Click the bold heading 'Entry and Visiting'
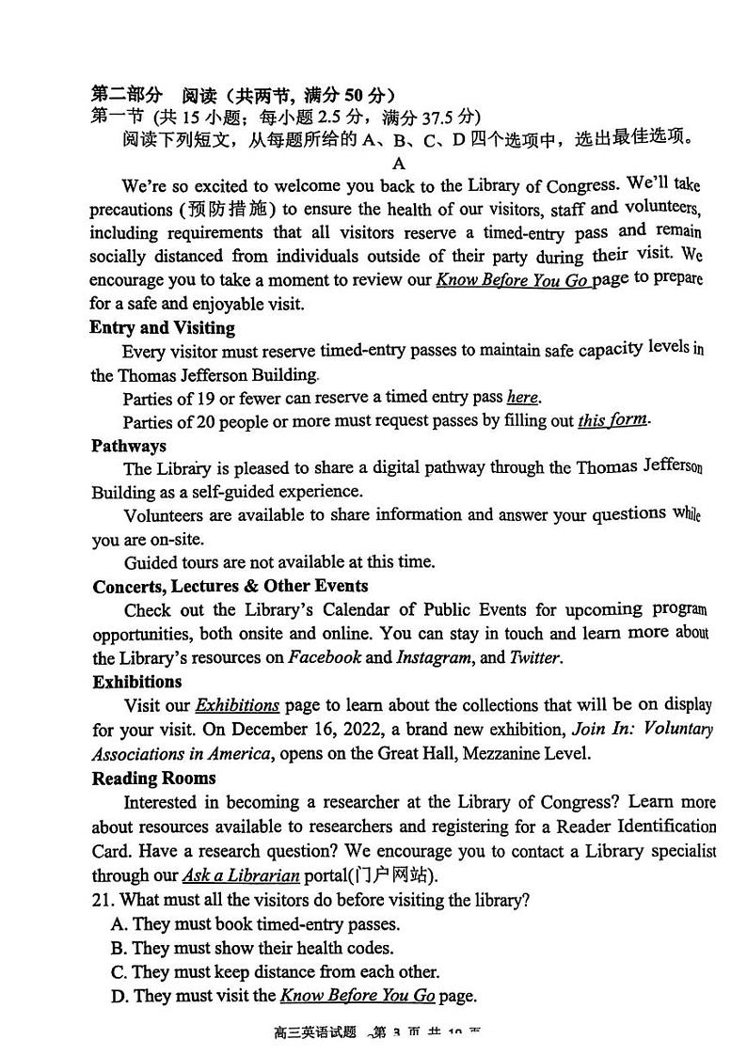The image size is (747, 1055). [x=162, y=328]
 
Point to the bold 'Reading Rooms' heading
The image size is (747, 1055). [x=153, y=779]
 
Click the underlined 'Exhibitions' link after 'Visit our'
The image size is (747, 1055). [x=237, y=705]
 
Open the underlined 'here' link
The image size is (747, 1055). [x=523, y=398]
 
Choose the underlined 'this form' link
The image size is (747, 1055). [x=612, y=420]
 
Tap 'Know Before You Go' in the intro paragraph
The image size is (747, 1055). [x=512, y=280]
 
